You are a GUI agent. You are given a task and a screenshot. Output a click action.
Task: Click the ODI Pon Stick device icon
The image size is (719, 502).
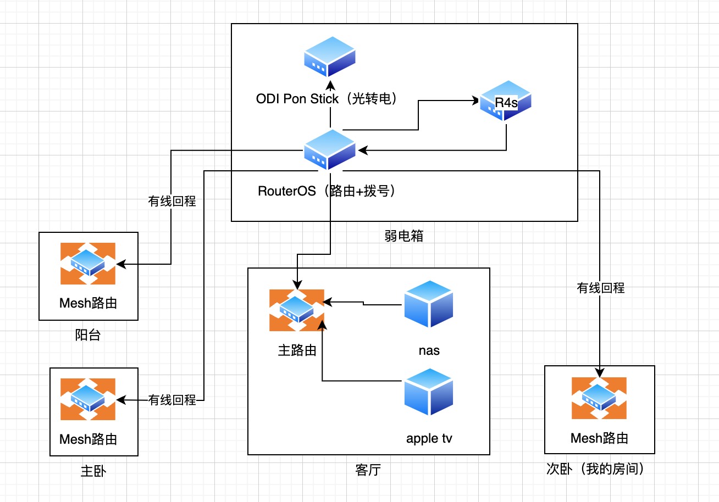(330, 57)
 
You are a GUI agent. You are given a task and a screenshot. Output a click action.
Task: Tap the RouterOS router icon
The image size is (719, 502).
(330, 149)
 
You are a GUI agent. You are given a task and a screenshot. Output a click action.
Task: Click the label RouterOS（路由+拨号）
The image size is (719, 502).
(327, 191)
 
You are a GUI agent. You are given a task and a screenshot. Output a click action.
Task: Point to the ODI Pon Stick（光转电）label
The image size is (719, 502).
(327, 99)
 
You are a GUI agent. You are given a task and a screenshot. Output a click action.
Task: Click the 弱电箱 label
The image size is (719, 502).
(404, 236)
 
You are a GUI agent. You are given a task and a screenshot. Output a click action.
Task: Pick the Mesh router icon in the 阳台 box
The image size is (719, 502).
(88, 263)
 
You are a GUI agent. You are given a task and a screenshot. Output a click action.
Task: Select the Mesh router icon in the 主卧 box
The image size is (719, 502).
(88, 399)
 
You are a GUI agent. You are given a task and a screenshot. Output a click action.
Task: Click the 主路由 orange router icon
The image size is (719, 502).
(297, 310)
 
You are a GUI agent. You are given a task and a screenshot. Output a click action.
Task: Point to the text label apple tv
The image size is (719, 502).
(429, 438)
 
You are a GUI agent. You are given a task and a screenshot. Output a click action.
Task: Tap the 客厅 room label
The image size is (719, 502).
(368, 471)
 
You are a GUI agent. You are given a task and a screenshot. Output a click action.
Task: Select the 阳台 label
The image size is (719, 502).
(88, 335)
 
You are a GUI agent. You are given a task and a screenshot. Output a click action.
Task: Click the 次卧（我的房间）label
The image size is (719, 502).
(595, 469)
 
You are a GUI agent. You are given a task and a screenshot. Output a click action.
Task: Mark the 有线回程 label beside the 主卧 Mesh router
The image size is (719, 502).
(172, 400)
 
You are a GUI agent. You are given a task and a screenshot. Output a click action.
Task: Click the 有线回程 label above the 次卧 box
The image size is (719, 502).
(600, 287)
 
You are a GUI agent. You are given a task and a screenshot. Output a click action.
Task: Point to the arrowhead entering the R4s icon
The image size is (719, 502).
(475, 101)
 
